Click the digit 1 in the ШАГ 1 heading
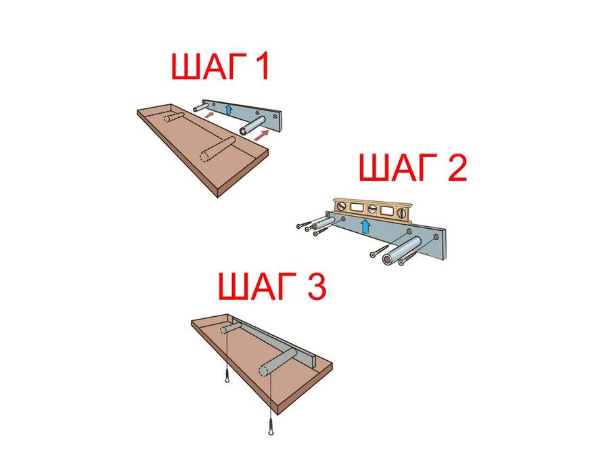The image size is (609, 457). pos(261,66)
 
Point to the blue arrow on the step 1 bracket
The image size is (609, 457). pos(229,109)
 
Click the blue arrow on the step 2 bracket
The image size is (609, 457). pos(365,226)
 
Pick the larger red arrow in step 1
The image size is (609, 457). pos(261,135)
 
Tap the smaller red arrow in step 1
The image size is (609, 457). pos(209,114)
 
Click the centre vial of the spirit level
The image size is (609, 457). pos(371,209)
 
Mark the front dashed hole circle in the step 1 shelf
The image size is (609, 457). pos(205,156)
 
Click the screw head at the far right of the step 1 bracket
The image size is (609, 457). pos(275,116)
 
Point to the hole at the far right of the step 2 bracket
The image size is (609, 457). pos(436,237)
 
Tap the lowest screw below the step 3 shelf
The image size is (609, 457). pos(270,429)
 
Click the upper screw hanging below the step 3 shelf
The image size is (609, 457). pos(227,376)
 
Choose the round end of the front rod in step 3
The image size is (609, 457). pos(265,369)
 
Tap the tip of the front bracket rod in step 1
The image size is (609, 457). pos(243,131)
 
